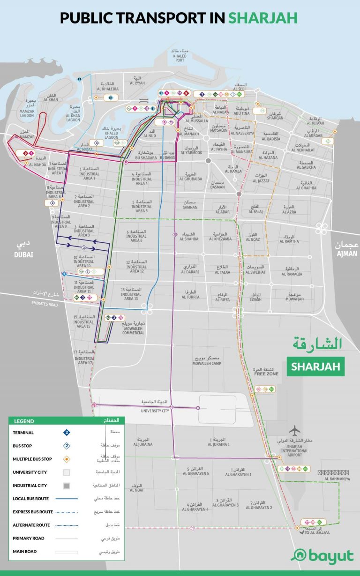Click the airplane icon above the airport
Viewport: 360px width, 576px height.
pos(295,430)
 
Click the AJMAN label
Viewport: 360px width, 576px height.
pos(346,254)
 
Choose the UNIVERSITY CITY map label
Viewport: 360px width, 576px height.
pos(155,411)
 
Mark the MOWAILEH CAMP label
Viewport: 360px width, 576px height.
pos(207,363)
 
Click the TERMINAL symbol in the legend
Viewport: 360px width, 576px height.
pos(67,433)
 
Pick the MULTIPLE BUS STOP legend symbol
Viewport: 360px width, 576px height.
pos(67,459)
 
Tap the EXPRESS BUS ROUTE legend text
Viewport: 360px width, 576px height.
pos(33,512)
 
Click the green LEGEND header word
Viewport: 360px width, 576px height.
pos(24,421)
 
